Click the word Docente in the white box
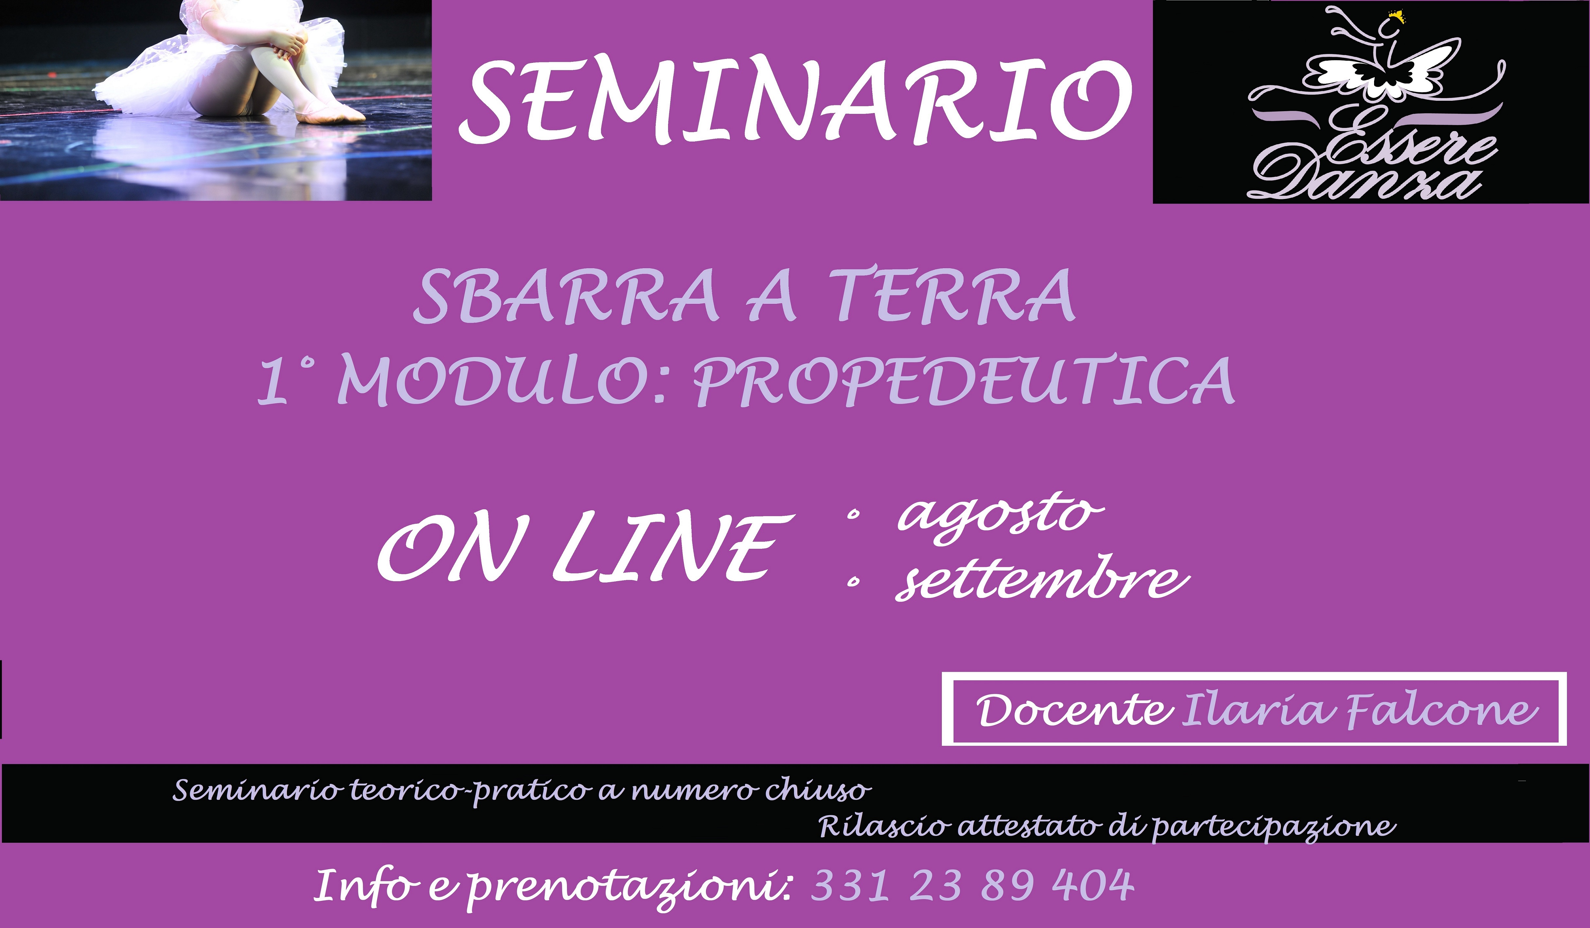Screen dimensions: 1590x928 coord(1073,711)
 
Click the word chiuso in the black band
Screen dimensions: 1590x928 coord(818,790)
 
